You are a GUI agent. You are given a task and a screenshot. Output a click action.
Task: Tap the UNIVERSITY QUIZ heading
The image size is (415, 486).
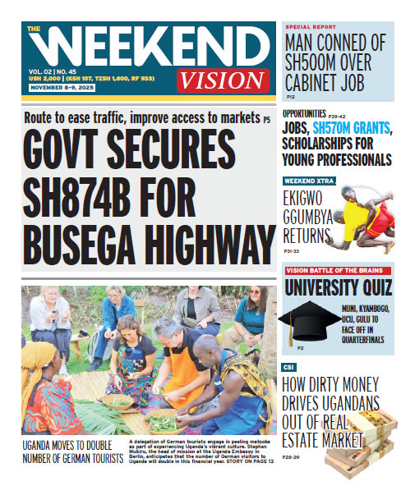tap(338, 287)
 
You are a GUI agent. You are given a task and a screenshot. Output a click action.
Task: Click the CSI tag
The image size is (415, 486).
tap(289, 367)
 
